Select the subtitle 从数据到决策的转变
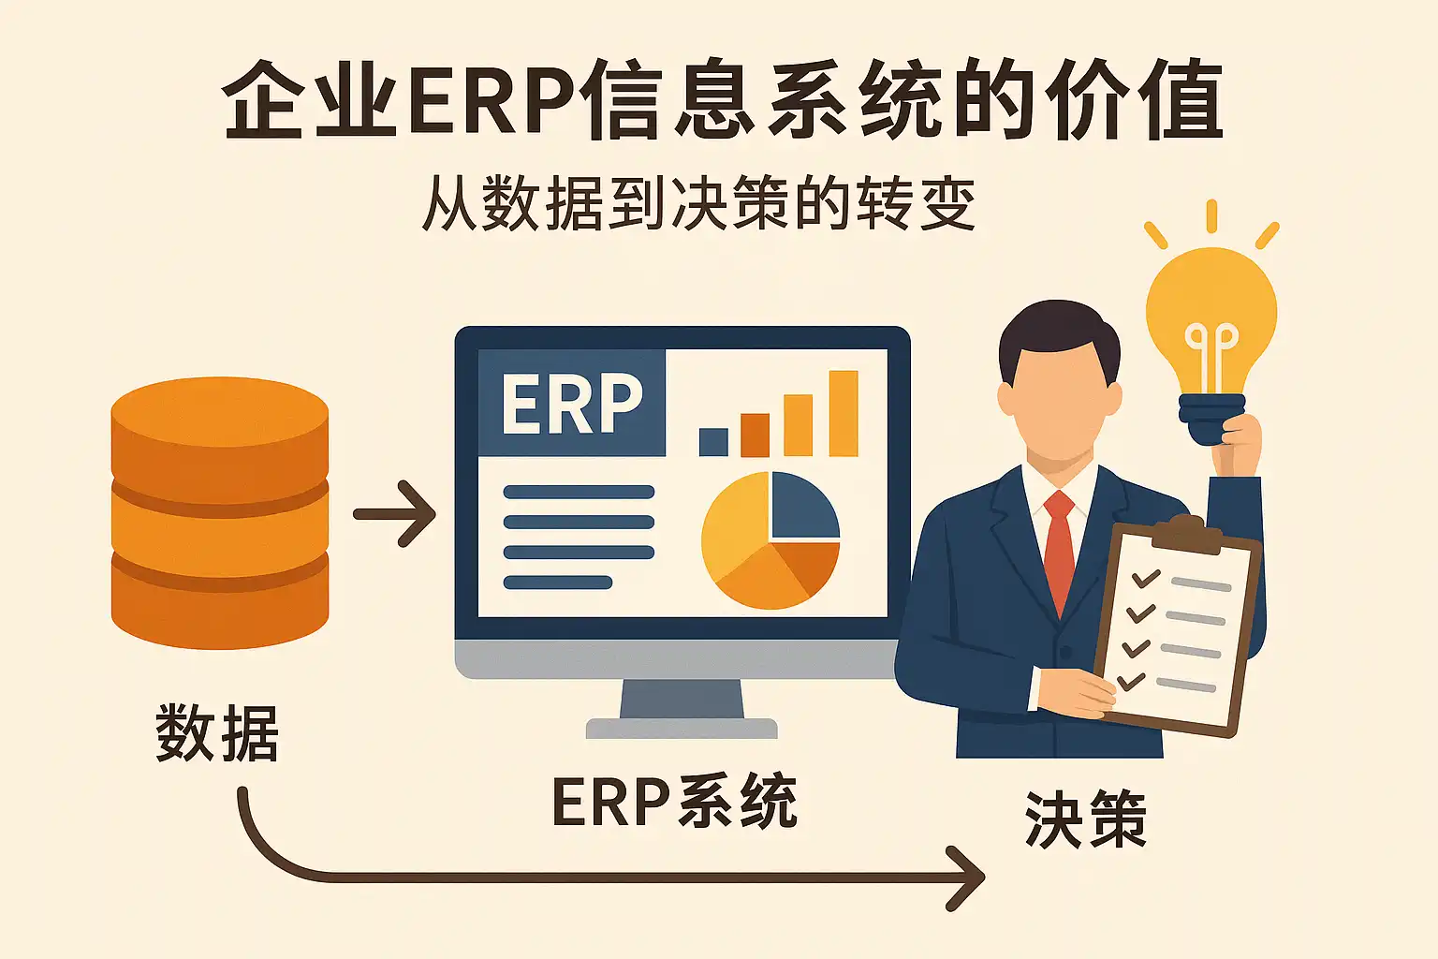point(698,203)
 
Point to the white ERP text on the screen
point(572,405)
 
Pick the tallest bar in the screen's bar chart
point(843,413)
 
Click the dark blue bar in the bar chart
point(713,441)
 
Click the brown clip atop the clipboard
point(1187,533)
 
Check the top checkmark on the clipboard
point(1145,578)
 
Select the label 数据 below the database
point(217,732)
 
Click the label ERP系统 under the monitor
point(674,803)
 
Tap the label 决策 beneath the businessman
point(1086,819)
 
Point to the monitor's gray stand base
point(682,728)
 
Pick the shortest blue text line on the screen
point(558,583)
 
